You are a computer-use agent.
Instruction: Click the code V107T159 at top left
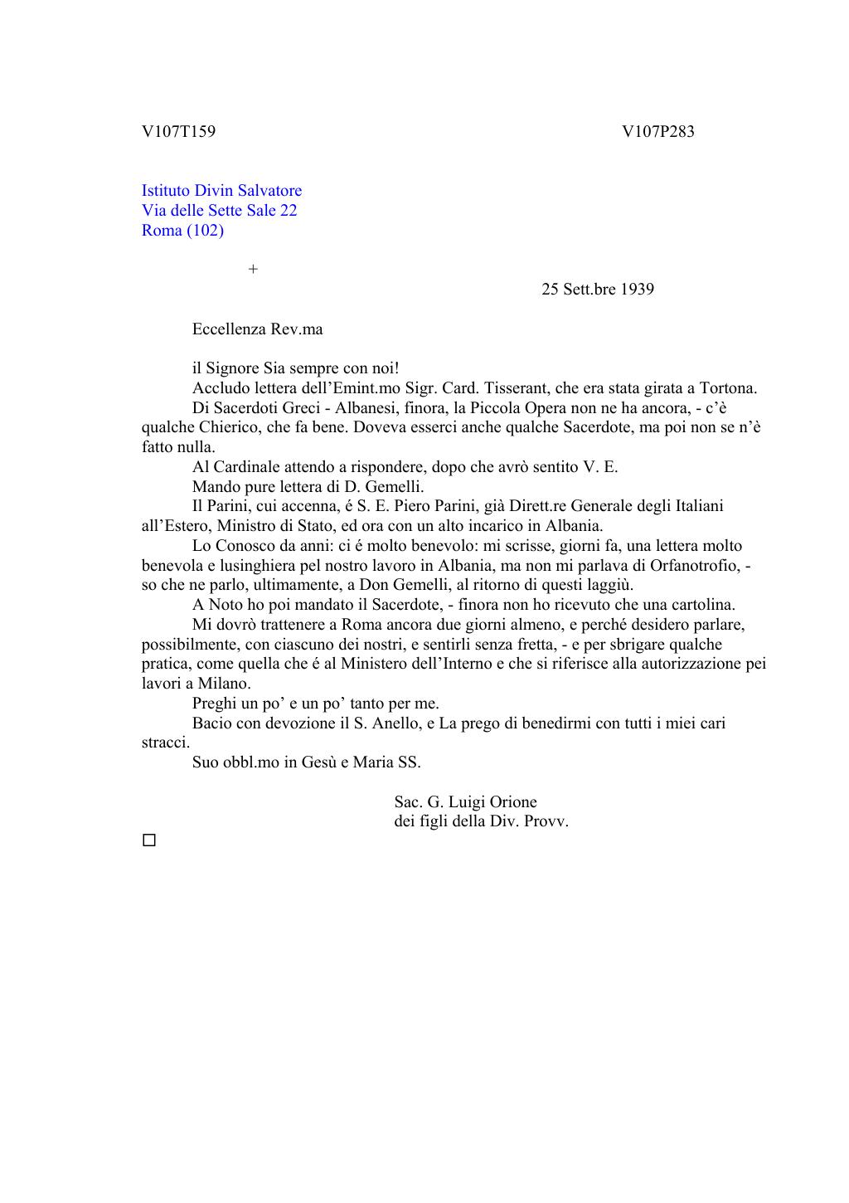coord(178,131)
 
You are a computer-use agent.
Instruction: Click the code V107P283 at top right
coord(657,131)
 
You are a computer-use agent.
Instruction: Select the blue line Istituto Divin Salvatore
coord(221,191)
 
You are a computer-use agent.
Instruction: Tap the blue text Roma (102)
coord(182,231)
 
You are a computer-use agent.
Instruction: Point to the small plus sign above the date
coord(253,270)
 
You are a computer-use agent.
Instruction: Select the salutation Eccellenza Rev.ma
coord(257,329)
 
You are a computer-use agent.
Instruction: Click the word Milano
coord(223,684)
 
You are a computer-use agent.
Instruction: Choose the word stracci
coord(165,743)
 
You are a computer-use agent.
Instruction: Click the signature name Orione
coord(513,802)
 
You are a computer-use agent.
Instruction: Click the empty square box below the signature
coord(149,840)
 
